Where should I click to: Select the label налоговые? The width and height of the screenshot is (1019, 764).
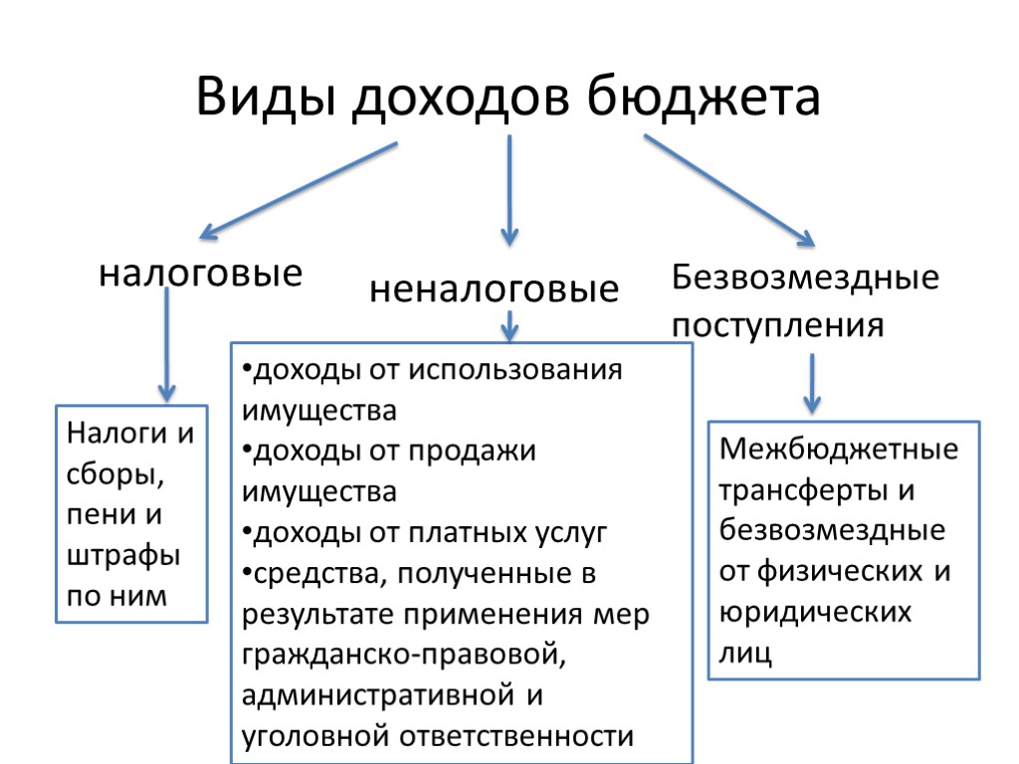tap(200, 273)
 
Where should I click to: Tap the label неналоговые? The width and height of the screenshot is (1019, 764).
tap(495, 289)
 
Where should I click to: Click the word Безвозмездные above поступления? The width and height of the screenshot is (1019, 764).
tap(805, 277)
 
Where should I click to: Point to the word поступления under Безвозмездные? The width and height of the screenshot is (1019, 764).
tap(778, 325)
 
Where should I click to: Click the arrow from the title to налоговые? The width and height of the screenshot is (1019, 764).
tap(299, 190)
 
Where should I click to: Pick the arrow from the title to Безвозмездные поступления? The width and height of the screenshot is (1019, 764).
tap(729, 190)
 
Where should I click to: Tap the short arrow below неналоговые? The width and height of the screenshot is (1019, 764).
tap(509, 323)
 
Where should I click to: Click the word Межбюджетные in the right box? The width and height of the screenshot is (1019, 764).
tap(839, 450)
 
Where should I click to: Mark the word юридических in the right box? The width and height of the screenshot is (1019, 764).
tap(815, 612)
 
